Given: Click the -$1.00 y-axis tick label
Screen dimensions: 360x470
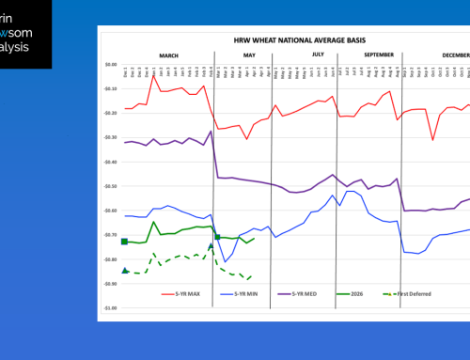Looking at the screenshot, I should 110,307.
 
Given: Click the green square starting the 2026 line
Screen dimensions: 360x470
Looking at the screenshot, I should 125,242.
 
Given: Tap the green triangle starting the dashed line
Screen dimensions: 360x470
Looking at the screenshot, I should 125,271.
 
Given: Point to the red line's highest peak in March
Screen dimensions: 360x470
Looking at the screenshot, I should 153,75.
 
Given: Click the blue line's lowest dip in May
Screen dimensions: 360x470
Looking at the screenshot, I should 226,261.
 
